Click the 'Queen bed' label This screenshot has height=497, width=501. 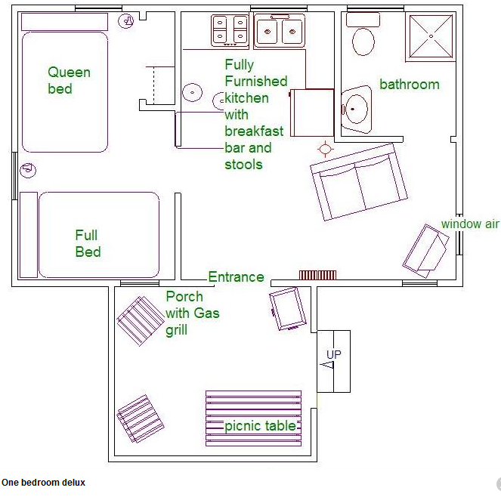(69, 81)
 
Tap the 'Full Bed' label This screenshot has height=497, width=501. (88, 243)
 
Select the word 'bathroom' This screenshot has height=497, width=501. (410, 85)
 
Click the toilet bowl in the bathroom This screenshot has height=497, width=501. (363, 42)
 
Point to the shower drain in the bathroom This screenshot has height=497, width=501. (431, 36)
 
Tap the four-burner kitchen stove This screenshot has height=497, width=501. (230, 31)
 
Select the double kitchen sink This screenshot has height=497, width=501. (280, 31)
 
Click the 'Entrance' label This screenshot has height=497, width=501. (236, 277)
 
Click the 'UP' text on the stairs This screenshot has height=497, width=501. (334, 354)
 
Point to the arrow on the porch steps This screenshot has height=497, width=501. (327, 365)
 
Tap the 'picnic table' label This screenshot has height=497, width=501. (261, 426)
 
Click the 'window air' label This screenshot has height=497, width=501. (470, 224)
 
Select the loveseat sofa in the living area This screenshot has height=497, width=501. (359, 182)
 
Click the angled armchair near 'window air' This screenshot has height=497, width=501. (425, 251)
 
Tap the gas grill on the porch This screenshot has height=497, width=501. (288, 309)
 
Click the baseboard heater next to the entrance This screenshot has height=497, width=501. (317, 275)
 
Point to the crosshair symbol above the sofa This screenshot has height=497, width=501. (325, 149)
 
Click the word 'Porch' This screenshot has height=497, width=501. (184, 297)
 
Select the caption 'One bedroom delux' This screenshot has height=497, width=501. (44, 483)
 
